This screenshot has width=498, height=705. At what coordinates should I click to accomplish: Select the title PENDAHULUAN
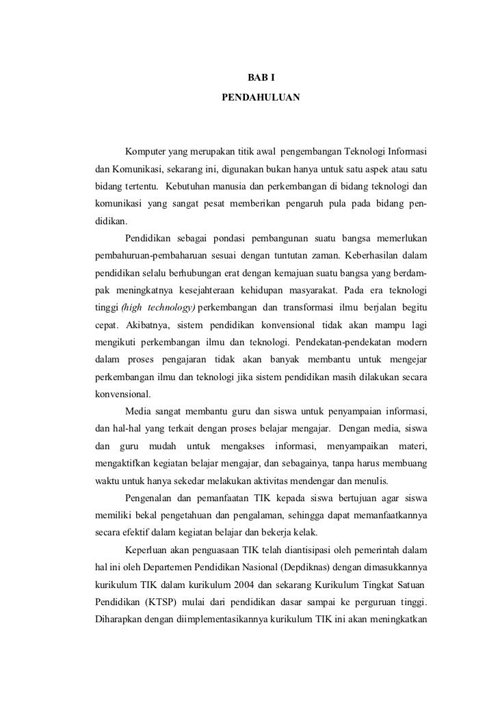coord(261,98)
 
